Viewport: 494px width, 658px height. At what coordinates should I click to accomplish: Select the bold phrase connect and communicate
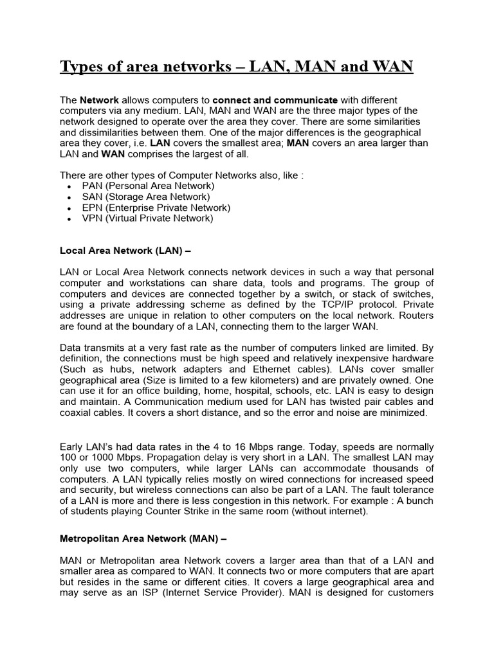point(275,101)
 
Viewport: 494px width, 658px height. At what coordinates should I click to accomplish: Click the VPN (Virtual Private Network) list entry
point(147,218)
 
